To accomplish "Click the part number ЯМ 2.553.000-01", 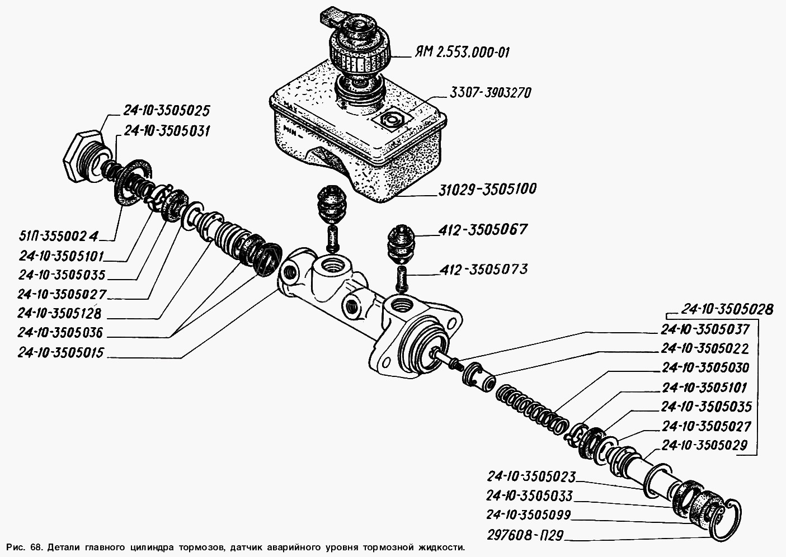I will pyautogui.click(x=462, y=52).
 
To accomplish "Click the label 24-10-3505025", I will pyautogui.click(x=159, y=109).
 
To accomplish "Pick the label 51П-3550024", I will pyautogui.click(x=58, y=236).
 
